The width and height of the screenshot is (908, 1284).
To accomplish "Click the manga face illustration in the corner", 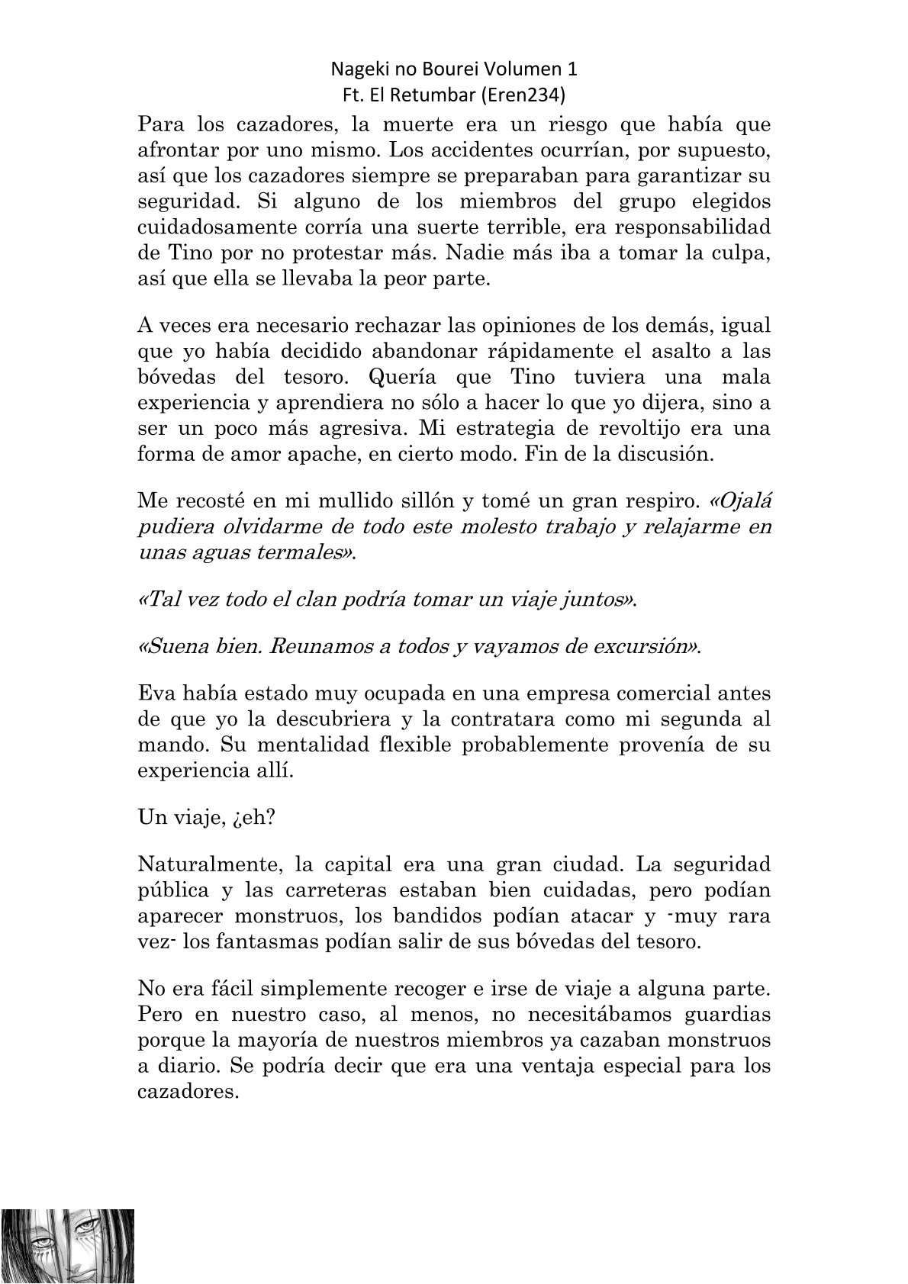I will [x=67, y=1246].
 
